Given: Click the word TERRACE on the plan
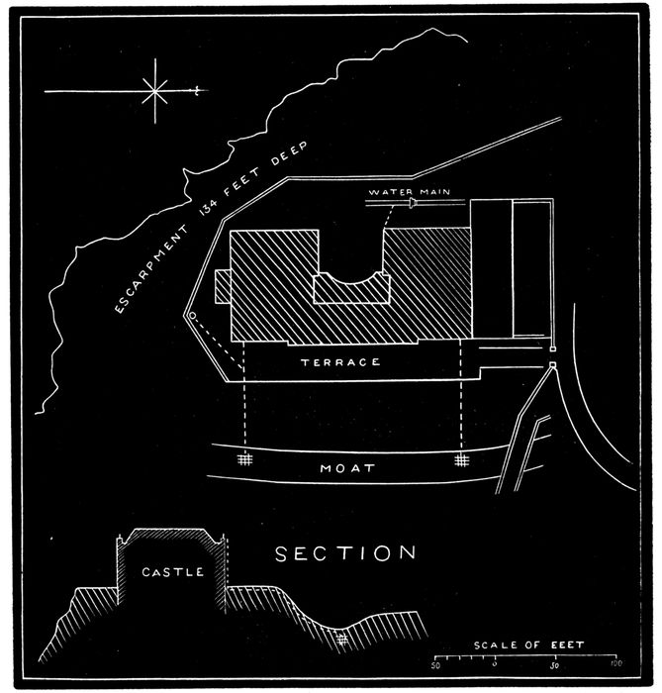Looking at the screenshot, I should click(x=340, y=362).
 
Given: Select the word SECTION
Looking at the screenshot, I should click(x=345, y=552).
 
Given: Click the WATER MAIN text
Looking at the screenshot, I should click(x=402, y=191).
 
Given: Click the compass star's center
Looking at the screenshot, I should click(x=155, y=91).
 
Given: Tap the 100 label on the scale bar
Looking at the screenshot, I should click(x=615, y=664).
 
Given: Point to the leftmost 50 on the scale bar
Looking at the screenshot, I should click(x=435, y=664).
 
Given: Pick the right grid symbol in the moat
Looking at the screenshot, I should click(x=461, y=460).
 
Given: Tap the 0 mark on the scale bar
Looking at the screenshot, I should click(x=495, y=664).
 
